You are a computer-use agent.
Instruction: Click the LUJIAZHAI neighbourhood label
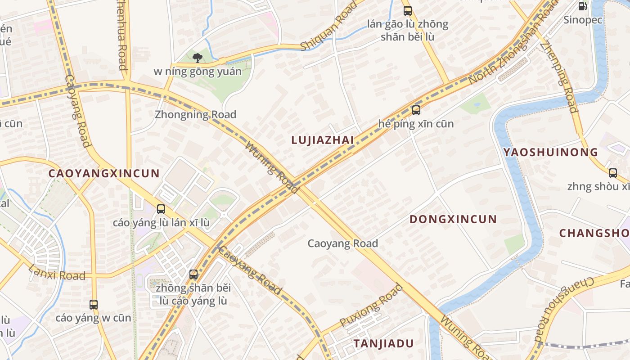click(x=323, y=140)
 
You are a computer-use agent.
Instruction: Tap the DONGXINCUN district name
click(x=453, y=220)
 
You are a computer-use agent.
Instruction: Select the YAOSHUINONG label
click(x=550, y=152)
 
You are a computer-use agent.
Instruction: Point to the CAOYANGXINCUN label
click(x=104, y=173)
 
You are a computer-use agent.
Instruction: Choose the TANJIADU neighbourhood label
click(x=383, y=344)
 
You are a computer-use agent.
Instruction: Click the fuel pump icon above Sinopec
click(x=582, y=6)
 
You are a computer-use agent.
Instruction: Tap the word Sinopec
click(x=583, y=20)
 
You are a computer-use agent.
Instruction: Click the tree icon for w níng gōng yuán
click(x=197, y=58)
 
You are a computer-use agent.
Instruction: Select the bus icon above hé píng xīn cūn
click(x=416, y=110)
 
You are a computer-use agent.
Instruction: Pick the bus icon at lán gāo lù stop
click(x=408, y=11)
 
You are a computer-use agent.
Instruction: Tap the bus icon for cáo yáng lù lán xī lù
click(x=161, y=209)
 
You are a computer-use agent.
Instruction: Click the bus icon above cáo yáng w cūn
click(x=93, y=305)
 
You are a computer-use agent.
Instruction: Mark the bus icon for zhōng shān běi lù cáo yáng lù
click(x=193, y=274)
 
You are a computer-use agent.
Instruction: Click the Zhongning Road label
click(x=195, y=114)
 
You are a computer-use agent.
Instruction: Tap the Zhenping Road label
click(x=559, y=76)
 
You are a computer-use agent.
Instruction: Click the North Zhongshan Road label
click(x=508, y=44)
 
